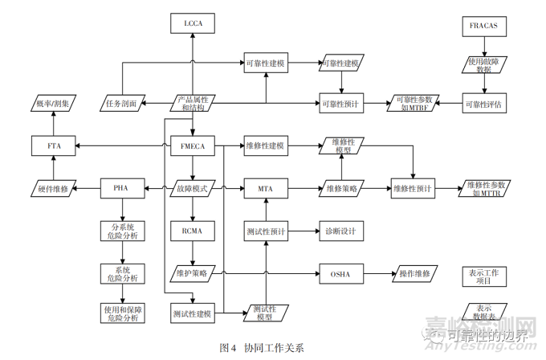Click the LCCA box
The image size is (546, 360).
193,24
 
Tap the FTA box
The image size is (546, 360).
53,146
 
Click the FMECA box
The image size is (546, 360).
193,146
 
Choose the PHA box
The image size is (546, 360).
123,189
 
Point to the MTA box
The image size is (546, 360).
265,189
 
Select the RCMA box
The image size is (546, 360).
193,231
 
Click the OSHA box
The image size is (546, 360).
341,273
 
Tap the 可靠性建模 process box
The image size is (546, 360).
265,63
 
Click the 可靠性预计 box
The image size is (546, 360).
341,104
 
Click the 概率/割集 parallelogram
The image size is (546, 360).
53,104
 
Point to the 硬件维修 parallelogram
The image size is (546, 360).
53,189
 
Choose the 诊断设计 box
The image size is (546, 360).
341,231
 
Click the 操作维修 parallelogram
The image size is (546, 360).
414,273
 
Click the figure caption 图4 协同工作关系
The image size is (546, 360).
262,348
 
